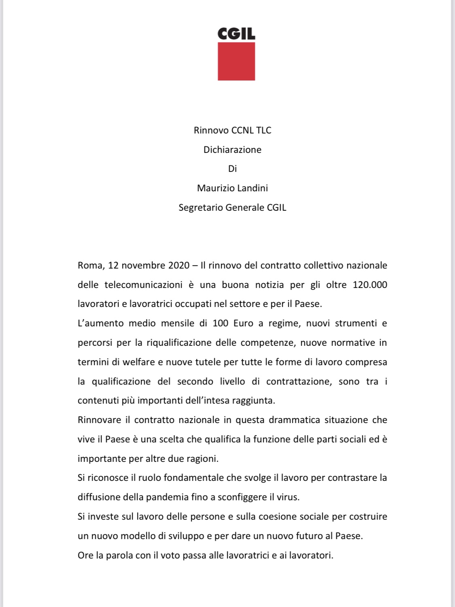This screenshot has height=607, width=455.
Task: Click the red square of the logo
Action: click(236, 61)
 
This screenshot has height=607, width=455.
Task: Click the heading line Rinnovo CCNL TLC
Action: click(233, 130)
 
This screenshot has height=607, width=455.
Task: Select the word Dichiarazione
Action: click(233, 150)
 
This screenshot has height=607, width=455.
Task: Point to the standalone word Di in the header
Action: click(233, 169)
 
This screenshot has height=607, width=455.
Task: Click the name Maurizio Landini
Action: click(233, 188)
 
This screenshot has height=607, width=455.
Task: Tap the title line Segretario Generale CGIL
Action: click(233, 207)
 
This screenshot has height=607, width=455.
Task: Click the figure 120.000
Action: click(370, 285)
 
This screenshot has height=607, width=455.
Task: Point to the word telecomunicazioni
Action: click(144, 285)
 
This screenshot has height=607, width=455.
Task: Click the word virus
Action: click(288, 497)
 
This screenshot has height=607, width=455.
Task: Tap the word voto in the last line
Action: click(170, 555)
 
